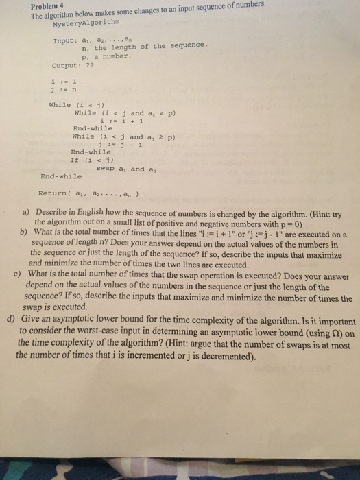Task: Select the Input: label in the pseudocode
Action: point(64,41)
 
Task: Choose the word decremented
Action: point(228,356)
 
